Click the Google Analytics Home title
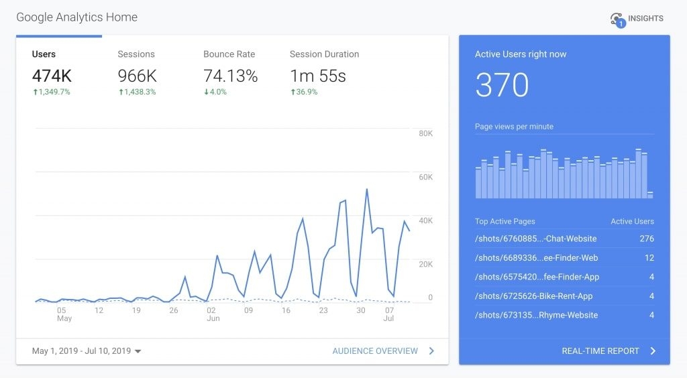point(76,17)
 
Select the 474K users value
point(52,76)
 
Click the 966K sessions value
point(137,76)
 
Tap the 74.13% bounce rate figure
point(230,76)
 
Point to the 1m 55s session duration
point(317,76)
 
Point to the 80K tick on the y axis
point(425,134)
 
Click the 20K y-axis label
point(425,264)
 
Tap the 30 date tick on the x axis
point(361,310)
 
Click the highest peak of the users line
point(366,190)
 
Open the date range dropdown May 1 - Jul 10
point(87,351)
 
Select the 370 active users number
point(502,86)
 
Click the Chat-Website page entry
point(535,239)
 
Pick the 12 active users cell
point(649,258)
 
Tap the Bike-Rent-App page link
point(533,296)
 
